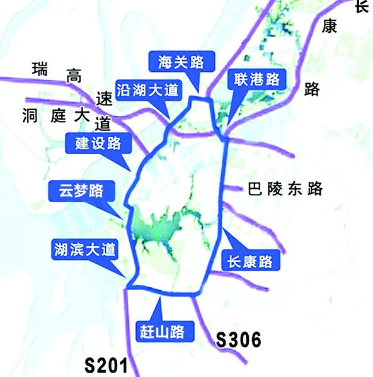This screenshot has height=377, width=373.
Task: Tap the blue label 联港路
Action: pyautogui.click(x=255, y=80)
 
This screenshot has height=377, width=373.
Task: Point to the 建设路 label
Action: pyautogui.click(x=98, y=143)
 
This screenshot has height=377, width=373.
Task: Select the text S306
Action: pyautogui.click(x=238, y=340)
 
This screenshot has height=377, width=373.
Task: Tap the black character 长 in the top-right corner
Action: pyautogui.click(x=362, y=6)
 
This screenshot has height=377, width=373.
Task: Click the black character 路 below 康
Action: pyautogui.click(x=311, y=89)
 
